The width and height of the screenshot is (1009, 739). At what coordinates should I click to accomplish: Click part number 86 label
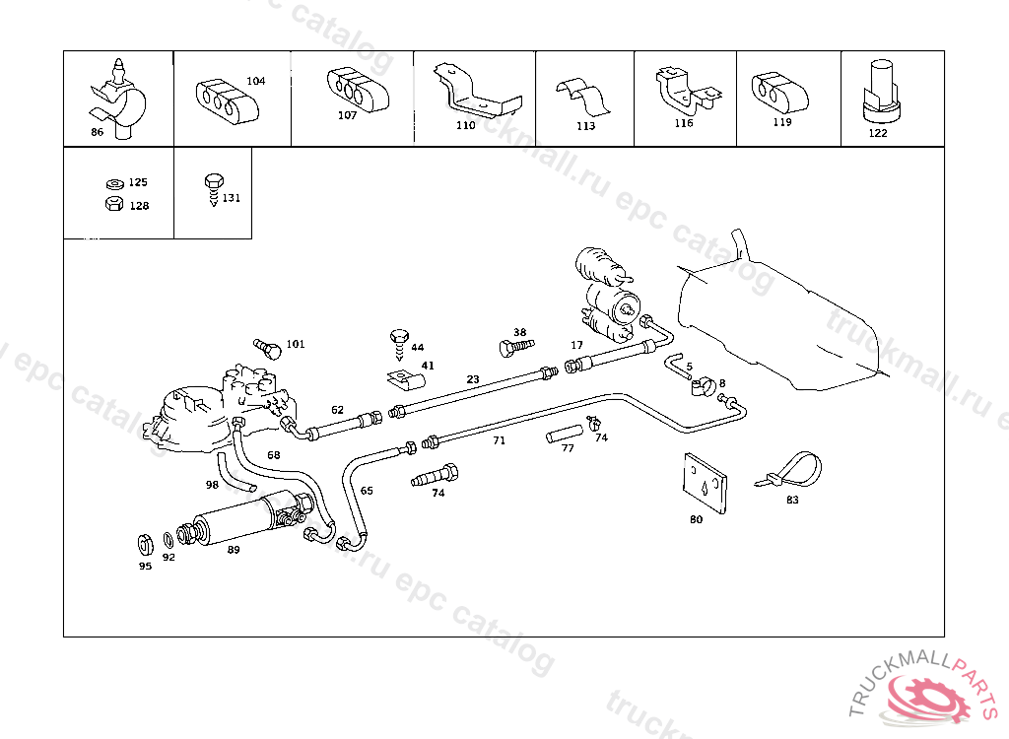pyautogui.click(x=97, y=131)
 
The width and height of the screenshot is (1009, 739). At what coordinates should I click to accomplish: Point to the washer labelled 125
pyautogui.click(x=113, y=183)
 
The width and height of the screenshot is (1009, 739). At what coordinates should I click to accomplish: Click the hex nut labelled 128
pyautogui.click(x=113, y=204)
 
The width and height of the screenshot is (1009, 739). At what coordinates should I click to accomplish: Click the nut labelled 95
pyautogui.click(x=144, y=544)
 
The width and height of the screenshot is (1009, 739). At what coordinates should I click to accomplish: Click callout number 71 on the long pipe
pyautogui.click(x=500, y=440)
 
